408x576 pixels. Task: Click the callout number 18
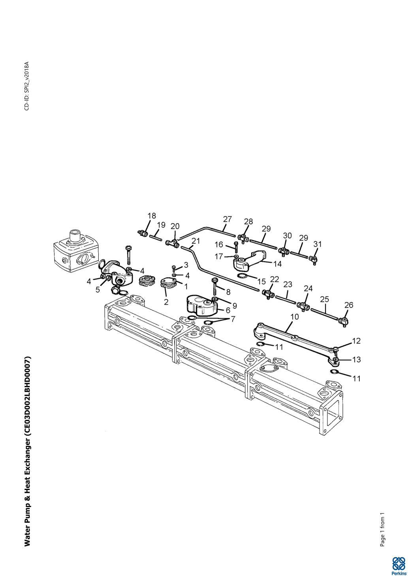[x=152, y=216]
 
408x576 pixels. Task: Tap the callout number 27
[x=227, y=219]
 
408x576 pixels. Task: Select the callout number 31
[x=318, y=244]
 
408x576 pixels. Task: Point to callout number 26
[x=348, y=305]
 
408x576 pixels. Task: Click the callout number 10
[x=295, y=316]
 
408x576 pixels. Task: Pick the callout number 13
[x=356, y=360]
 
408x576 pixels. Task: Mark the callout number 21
[x=196, y=241]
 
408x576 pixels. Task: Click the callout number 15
[x=261, y=282]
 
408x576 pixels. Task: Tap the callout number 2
[x=166, y=302]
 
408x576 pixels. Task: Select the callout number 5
[x=98, y=290]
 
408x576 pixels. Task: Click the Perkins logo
[x=399, y=565]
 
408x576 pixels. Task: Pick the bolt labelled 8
[x=215, y=286]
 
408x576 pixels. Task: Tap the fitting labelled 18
[x=142, y=233]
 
